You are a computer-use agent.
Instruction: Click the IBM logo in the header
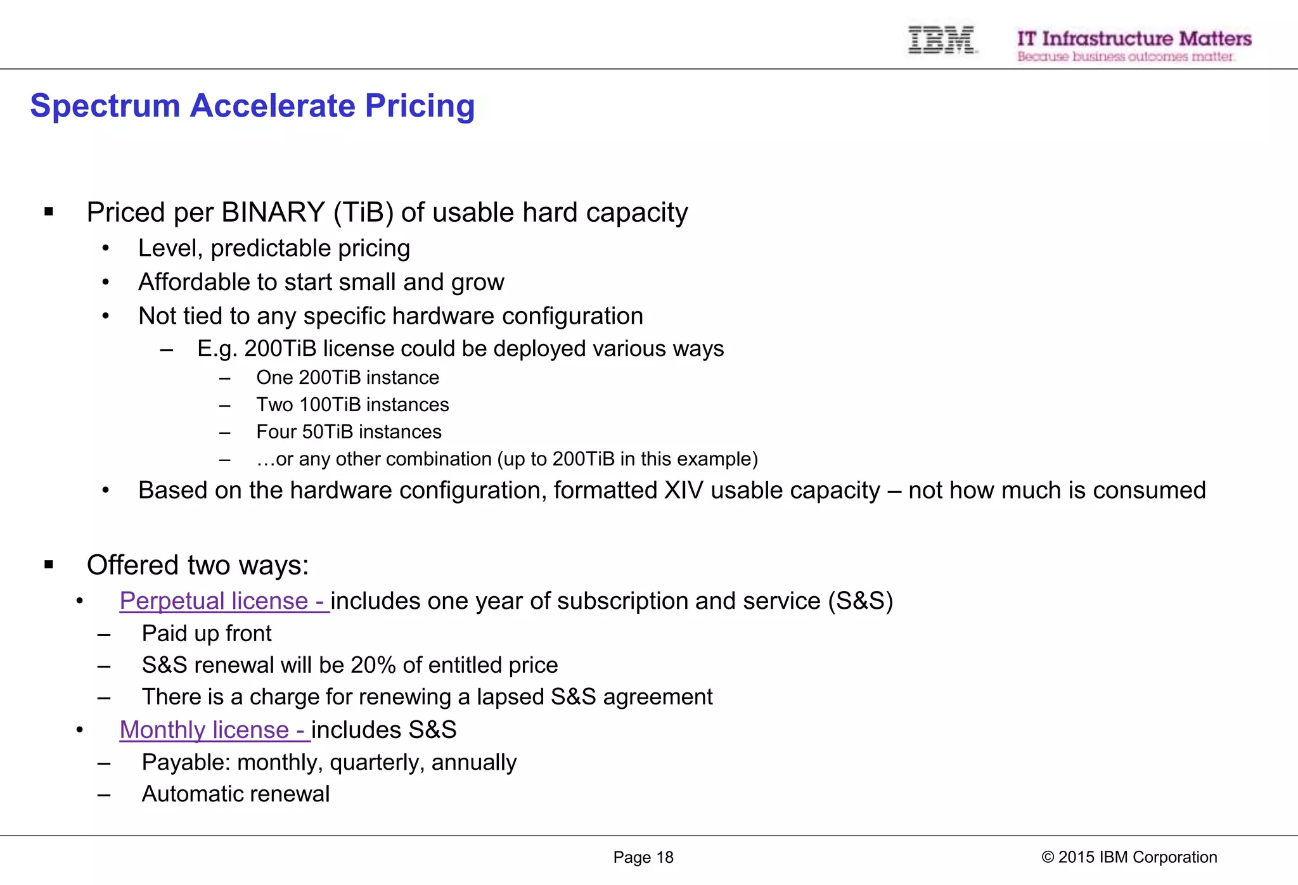[941, 41]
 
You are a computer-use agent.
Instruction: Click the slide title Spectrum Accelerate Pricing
[252, 106]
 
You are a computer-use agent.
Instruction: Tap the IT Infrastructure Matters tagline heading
[1134, 39]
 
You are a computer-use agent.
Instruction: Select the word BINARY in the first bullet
[274, 213]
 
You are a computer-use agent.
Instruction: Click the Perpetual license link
[223, 601]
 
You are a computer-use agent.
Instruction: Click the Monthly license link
[214, 730]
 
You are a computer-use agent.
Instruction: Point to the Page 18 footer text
[643, 857]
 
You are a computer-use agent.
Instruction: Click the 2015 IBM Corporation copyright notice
[1129, 857]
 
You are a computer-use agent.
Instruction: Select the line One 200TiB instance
[347, 378]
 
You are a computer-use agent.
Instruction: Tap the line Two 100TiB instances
[352, 405]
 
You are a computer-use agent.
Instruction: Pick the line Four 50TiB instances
[349, 432]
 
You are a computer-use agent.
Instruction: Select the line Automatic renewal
[235, 794]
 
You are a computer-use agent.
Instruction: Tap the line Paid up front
[207, 634]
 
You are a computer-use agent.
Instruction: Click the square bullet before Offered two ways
[49, 565]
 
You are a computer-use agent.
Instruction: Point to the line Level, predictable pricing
[274, 248]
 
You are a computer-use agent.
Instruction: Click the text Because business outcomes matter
[1125, 57]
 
